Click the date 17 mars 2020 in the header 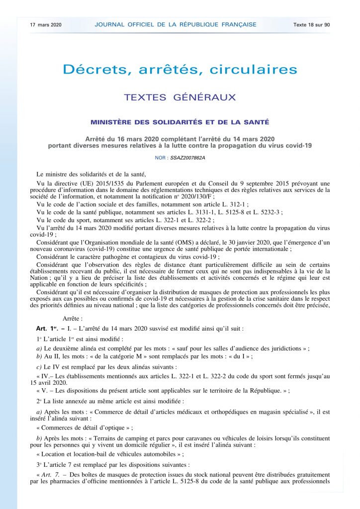coord(46,24)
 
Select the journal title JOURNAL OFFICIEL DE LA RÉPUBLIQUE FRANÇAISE coord(176,24)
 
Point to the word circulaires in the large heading coord(254,70)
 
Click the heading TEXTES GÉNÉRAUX coord(180,97)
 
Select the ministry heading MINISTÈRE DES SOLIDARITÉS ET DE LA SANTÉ coord(180,122)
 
